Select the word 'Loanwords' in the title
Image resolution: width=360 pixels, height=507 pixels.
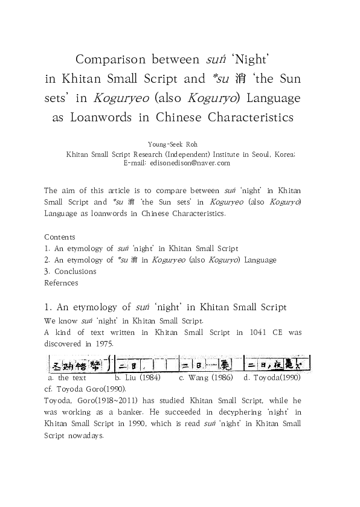tap(98, 117)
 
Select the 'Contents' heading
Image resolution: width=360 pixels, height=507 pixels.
tap(60, 237)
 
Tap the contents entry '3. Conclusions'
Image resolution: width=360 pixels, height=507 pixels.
tap(71, 271)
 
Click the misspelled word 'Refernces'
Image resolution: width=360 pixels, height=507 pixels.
tap(61, 282)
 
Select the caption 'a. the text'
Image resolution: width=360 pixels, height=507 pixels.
tap(66, 377)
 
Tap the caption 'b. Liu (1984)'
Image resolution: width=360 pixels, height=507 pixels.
tap(137, 377)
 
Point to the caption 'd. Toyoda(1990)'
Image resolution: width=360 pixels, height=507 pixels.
tap(272, 377)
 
